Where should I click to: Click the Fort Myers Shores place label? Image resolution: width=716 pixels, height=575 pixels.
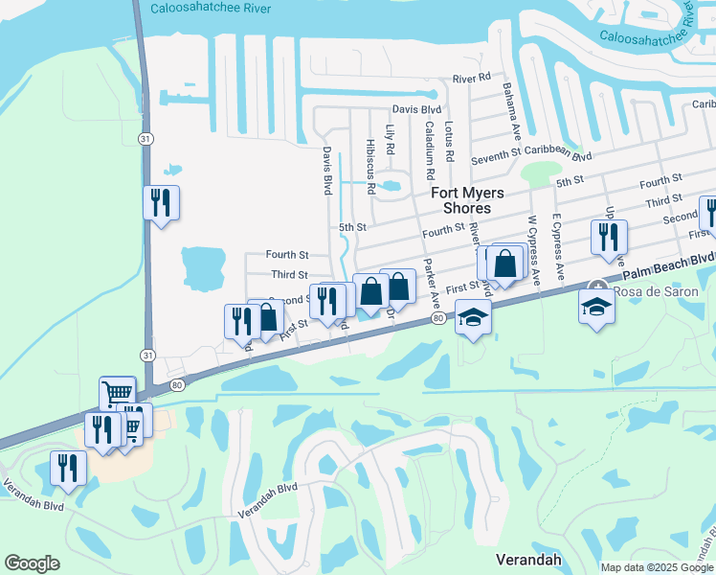[x=461, y=199]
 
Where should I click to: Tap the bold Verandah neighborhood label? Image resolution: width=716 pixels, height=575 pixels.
[x=526, y=559]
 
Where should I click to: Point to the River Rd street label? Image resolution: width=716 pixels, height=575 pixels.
[x=471, y=78]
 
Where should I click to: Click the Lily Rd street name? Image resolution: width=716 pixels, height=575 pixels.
[x=390, y=139]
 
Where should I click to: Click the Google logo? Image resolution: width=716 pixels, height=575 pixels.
[x=32, y=563]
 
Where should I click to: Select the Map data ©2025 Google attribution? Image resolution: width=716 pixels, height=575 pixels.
[x=656, y=567]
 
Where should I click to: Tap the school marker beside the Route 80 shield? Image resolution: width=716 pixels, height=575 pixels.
[x=473, y=317]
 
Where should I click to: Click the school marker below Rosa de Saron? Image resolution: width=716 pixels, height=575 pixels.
[x=596, y=308]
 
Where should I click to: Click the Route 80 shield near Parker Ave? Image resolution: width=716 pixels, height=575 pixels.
[x=438, y=317]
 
